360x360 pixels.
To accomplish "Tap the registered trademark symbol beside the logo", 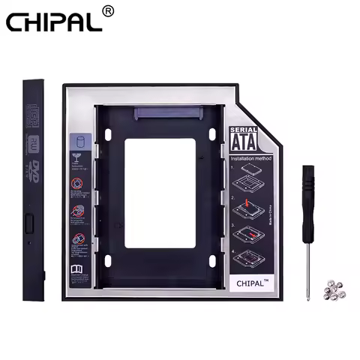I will [108, 11].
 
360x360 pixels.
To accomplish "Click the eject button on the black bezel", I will [31, 223].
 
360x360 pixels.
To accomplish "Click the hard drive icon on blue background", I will [79, 142].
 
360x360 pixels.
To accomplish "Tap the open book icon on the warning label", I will [79, 269].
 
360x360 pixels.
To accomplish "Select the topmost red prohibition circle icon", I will [79, 184].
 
